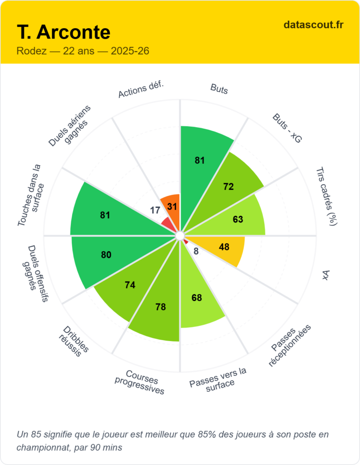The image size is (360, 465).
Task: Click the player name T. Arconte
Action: tap(64, 33)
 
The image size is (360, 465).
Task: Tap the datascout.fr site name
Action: tap(313, 25)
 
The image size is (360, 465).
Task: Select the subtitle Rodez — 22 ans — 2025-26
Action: tap(83, 51)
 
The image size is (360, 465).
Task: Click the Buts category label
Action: tap(219, 89)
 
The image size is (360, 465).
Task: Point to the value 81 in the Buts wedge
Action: tap(200, 160)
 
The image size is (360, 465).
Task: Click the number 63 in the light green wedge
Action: tap(238, 219)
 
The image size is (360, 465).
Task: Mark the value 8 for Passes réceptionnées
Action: tap(196, 251)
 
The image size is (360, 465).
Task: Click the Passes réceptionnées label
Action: tap(289, 346)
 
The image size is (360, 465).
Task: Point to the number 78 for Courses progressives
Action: tap(160, 307)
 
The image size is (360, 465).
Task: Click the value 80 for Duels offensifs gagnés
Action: tap(106, 255)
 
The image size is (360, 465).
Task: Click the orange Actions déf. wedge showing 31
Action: tap(172, 206)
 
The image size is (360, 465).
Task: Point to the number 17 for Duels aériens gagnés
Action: tap(155, 210)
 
